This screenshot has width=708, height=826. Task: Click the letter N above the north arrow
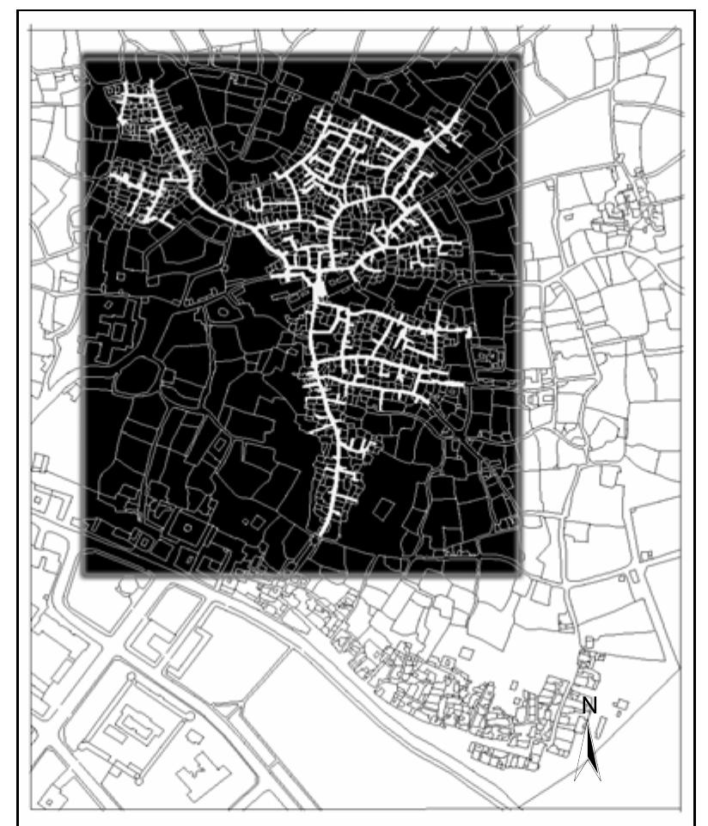[589, 705]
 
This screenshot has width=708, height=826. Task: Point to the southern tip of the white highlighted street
[321, 535]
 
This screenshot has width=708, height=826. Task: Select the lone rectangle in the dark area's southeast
[384, 508]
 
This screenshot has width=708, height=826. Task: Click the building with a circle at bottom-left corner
[52, 798]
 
